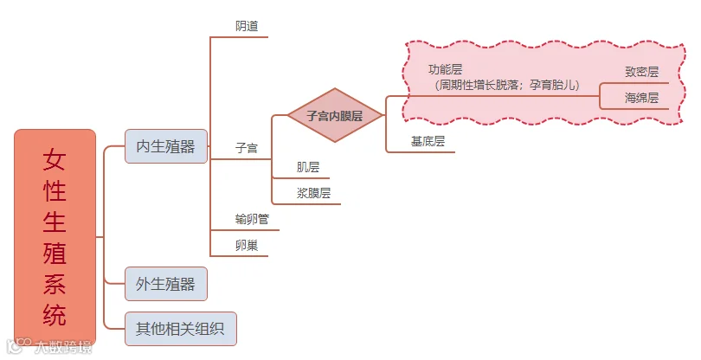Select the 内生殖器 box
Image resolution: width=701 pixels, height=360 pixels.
click(165, 145)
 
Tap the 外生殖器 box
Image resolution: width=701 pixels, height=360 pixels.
click(165, 283)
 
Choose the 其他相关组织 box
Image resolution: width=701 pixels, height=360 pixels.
click(180, 329)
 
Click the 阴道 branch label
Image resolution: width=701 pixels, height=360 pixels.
click(247, 26)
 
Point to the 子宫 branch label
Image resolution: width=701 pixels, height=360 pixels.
click(247, 148)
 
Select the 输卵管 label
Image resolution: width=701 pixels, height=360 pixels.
click(252, 219)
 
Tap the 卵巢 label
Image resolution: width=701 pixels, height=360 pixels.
click(247, 245)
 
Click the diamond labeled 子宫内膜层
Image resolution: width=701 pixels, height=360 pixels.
click(334, 115)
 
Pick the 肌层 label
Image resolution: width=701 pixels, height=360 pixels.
click(308, 167)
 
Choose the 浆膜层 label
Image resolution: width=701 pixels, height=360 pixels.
click(313, 193)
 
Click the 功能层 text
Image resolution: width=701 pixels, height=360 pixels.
click(445, 69)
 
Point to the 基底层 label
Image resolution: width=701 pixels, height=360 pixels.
click(428, 141)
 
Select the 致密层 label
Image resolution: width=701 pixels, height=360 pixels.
click(641, 73)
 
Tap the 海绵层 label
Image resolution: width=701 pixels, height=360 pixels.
click(641, 98)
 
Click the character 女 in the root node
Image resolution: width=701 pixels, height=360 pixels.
click(55, 160)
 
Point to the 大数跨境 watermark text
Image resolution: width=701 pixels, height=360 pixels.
click(62, 348)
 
